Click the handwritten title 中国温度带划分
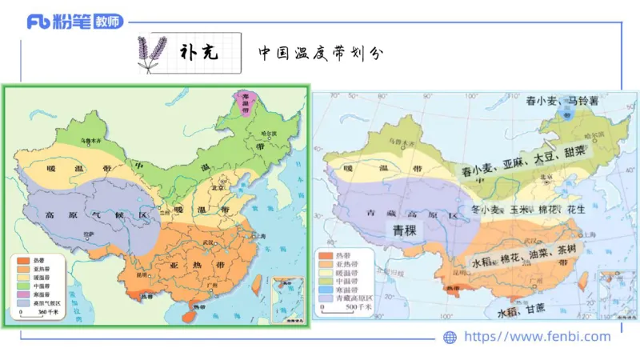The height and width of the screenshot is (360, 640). tap(321, 54)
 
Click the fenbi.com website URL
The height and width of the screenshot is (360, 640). tap(537, 337)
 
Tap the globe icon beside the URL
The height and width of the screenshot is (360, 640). tap(450, 338)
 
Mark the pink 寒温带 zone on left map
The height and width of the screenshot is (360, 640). tap(240, 101)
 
